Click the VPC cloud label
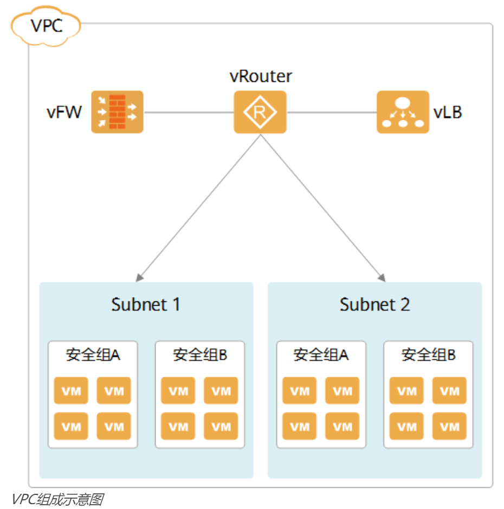46,25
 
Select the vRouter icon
260,112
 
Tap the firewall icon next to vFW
117,112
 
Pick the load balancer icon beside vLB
403,112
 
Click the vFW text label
64,113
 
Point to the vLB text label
448,113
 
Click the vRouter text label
261,76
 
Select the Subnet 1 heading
146,305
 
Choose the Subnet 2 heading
374,305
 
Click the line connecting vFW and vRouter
188,112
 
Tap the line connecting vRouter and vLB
331,112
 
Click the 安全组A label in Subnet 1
93,355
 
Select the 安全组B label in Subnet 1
200,355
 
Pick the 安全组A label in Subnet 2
321,355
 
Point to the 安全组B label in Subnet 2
428,355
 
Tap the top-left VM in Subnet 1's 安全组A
71,391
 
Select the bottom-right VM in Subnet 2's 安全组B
449,427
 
